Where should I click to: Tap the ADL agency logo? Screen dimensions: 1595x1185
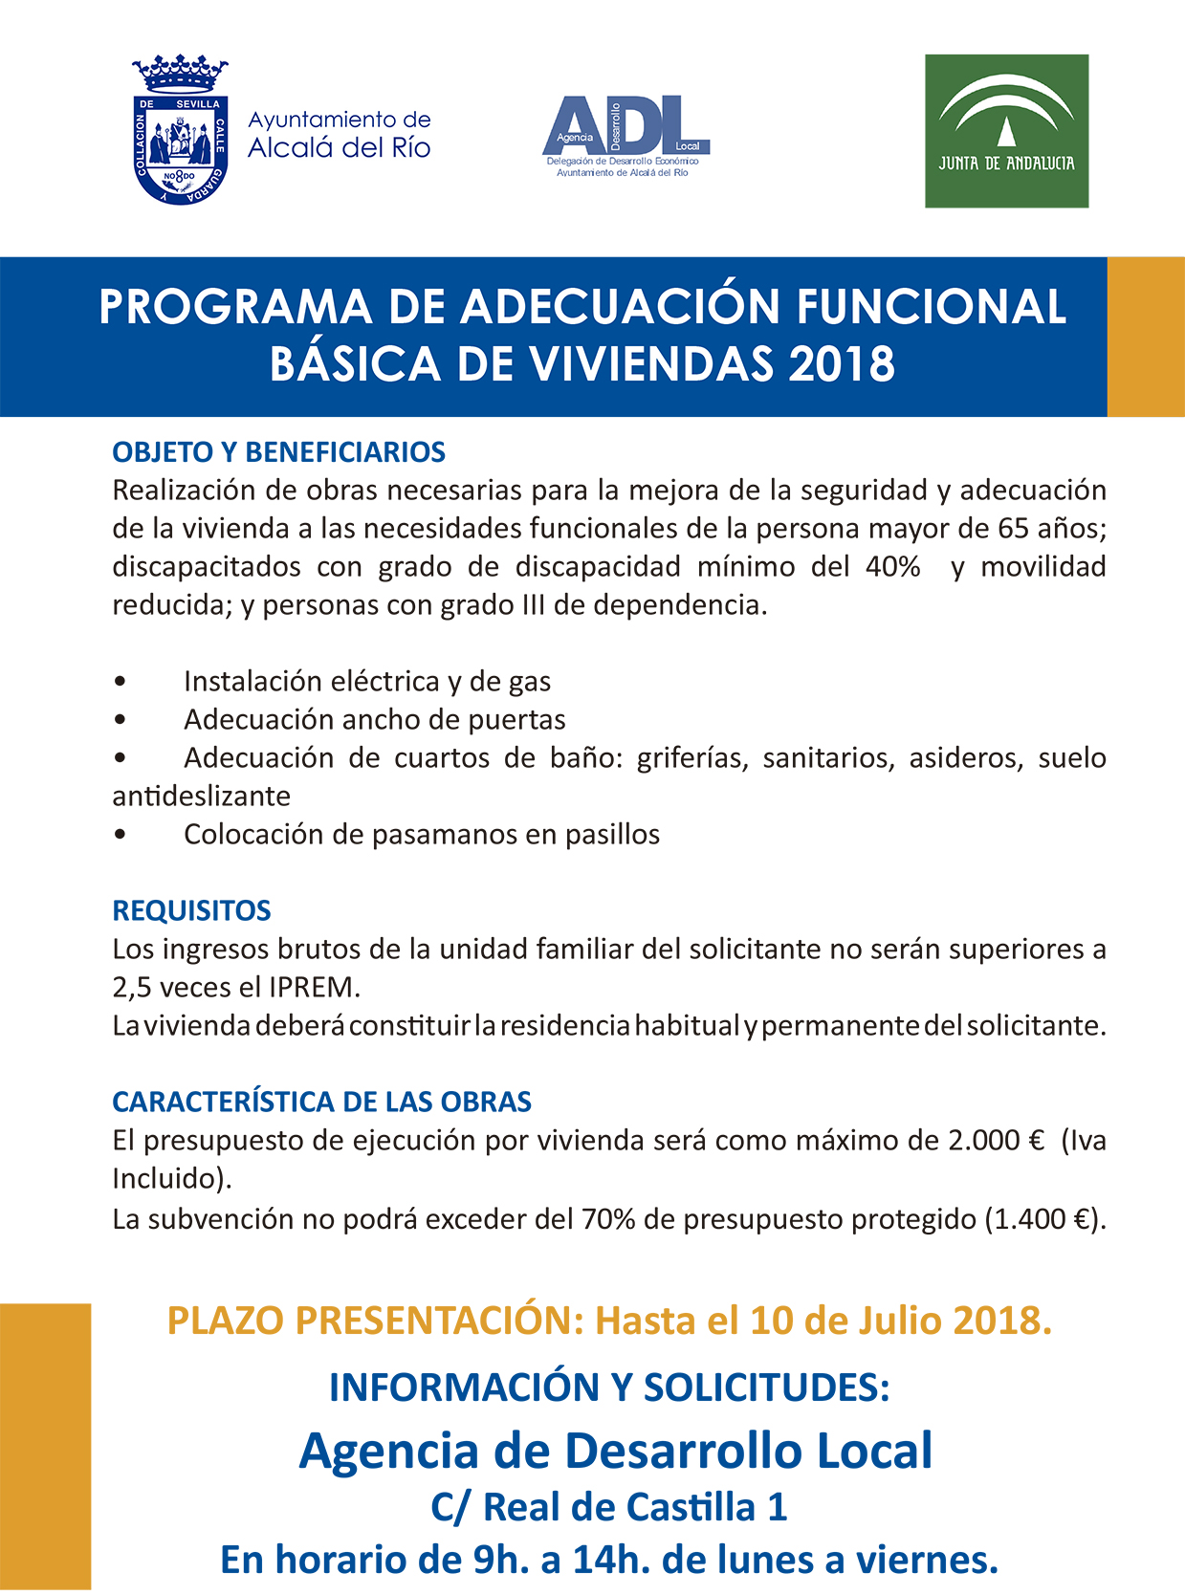click(x=625, y=135)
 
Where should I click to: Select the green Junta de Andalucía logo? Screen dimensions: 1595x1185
click(x=1006, y=131)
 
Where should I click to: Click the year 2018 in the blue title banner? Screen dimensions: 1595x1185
click(x=842, y=364)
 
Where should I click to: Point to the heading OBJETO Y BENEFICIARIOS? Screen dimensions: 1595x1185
click(x=279, y=451)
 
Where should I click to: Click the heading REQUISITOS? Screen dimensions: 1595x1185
click(x=191, y=910)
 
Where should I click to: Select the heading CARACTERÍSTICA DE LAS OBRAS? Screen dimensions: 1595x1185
click(x=321, y=1102)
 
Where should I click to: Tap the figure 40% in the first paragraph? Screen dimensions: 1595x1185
click(x=892, y=566)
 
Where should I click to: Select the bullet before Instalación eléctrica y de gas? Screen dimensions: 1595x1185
click(x=120, y=682)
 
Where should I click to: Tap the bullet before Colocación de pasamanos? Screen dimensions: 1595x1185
click(x=120, y=835)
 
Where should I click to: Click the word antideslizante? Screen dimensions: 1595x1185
click(x=201, y=796)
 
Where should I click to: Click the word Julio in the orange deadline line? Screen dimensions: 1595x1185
click(x=896, y=1320)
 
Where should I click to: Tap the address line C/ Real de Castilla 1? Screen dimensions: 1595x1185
click(x=608, y=1507)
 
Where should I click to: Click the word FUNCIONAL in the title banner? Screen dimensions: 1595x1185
click(x=931, y=307)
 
